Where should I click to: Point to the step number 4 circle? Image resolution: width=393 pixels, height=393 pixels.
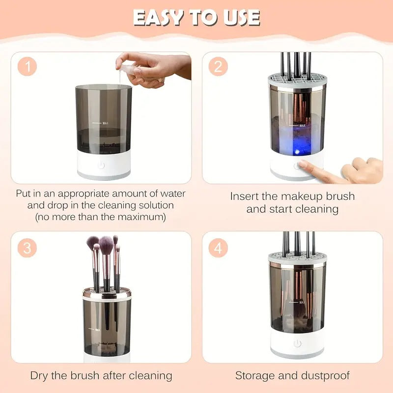tap(218, 248)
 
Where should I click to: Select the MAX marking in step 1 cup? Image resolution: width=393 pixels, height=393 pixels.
tap(104, 123)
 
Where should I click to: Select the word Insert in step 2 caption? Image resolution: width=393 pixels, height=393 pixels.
tap(248, 196)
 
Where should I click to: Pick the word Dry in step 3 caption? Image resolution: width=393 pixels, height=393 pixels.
tap(41, 376)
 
